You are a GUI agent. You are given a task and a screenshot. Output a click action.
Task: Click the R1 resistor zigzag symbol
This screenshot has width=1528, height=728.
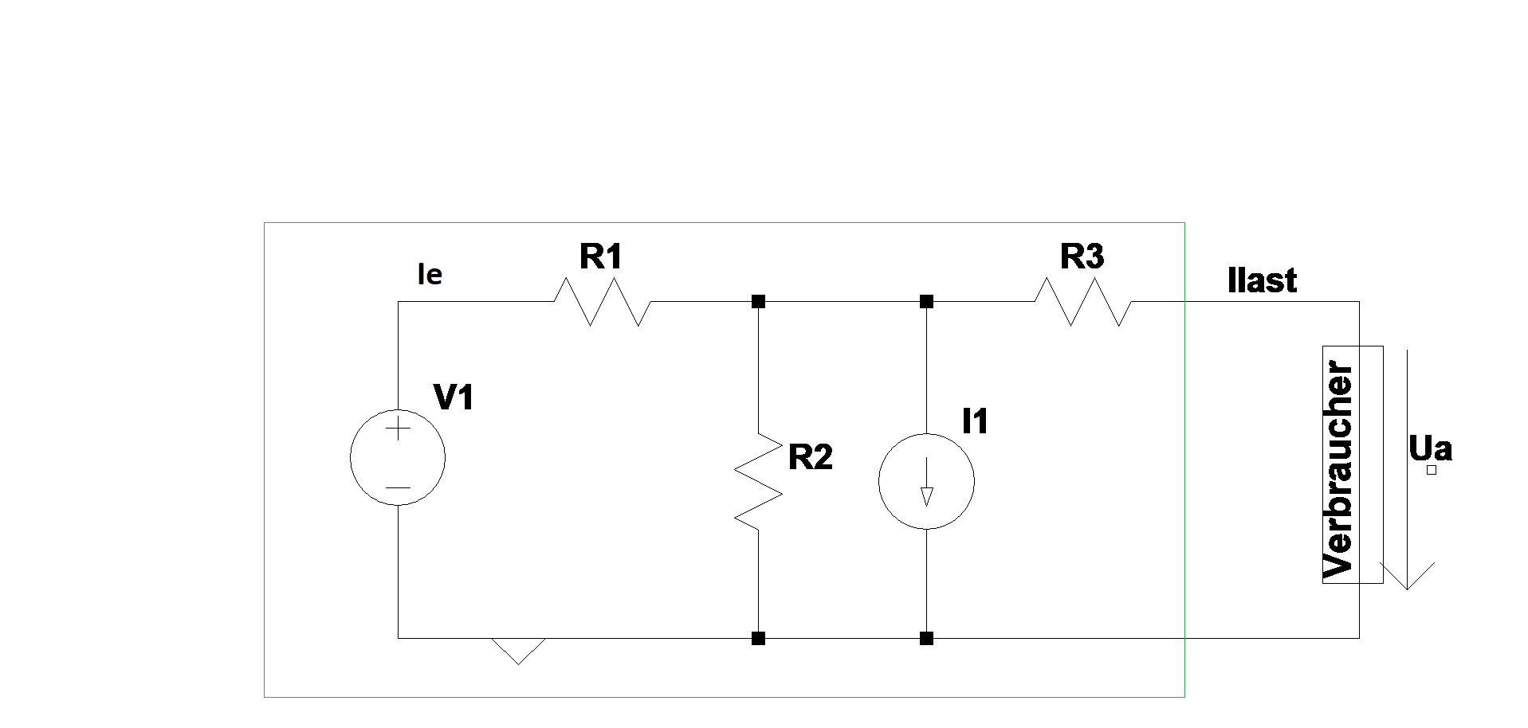click(602, 302)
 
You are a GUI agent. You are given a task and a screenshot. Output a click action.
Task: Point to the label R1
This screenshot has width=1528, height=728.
click(601, 256)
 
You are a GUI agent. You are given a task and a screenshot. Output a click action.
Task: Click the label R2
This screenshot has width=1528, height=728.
click(811, 457)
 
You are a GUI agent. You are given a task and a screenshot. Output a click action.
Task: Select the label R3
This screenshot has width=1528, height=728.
click(1082, 256)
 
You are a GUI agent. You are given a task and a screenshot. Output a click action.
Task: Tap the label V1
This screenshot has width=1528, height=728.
click(454, 397)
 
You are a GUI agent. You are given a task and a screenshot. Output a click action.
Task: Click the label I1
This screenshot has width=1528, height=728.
click(976, 421)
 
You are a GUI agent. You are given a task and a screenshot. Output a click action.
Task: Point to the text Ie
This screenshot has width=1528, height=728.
click(430, 275)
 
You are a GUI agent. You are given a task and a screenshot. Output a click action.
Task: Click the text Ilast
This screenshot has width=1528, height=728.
click(1263, 280)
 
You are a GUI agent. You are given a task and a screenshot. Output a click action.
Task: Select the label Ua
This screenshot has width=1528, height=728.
click(1431, 448)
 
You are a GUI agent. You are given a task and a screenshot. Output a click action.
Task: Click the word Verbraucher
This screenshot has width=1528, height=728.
click(1339, 470)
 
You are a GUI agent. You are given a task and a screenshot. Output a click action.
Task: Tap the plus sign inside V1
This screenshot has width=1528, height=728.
click(398, 430)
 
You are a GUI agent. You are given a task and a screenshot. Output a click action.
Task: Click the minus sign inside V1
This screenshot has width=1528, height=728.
click(398, 487)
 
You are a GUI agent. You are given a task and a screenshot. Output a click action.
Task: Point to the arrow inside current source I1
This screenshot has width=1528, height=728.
click(926, 486)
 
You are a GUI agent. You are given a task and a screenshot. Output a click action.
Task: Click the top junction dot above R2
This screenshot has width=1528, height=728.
click(758, 302)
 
